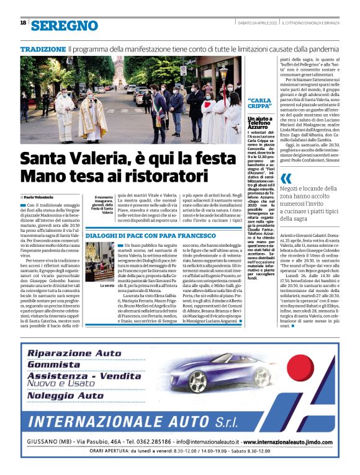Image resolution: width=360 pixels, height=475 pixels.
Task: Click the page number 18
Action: (x=23, y=23)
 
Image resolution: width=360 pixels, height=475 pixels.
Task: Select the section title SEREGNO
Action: (x=65, y=25)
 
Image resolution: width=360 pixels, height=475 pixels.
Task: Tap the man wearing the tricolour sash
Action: (x=160, y=112)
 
